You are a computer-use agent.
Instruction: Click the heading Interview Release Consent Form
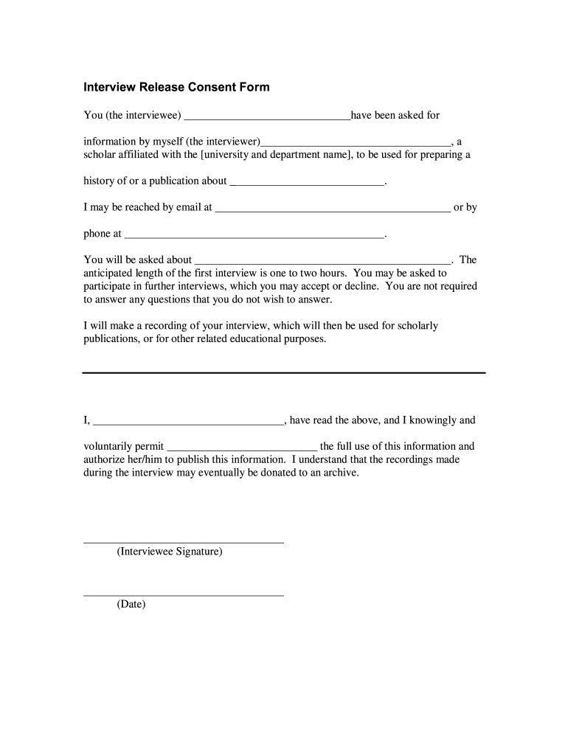coord(176,88)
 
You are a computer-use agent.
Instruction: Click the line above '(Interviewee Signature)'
coord(184,543)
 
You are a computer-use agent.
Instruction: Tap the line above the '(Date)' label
coord(184,595)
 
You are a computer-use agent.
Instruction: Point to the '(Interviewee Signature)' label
coord(170,552)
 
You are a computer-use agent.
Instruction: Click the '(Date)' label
coord(131,605)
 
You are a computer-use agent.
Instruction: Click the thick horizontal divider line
coord(284,373)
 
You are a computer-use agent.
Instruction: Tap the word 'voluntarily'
coord(111,446)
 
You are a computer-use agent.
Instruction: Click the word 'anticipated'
coord(111,273)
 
